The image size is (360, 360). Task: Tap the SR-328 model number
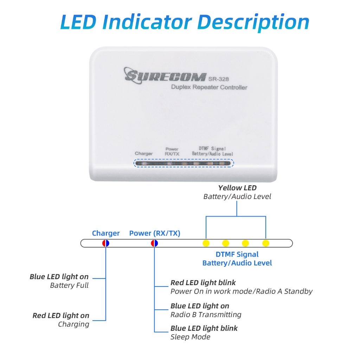tap(219, 79)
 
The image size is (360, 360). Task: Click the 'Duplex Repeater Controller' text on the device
tap(209, 87)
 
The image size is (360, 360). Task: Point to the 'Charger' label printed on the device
tap(144, 154)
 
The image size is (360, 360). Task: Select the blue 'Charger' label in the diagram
tap(106, 233)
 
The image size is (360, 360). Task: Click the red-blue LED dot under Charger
tap(106, 243)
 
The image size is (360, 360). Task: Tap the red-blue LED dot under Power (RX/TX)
tap(154, 243)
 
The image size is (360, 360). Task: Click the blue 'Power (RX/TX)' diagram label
tap(155, 233)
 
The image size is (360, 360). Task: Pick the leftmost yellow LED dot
tap(206, 243)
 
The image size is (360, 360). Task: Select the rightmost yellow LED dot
tap(266, 243)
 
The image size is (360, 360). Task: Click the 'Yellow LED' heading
tap(237, 188)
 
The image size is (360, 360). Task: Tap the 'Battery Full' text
tap(69, 285)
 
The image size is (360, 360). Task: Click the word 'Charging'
tap(73, 324)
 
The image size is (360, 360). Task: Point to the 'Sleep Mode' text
tap(190, 337)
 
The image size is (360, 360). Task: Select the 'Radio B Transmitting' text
tap(206, 315)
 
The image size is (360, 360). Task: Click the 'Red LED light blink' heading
tap(203, 283)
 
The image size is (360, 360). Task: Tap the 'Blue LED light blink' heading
tap(204, 328)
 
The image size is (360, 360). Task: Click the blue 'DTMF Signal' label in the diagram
tap(237, 254)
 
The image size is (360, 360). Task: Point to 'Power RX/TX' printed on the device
tap(172, 152)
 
